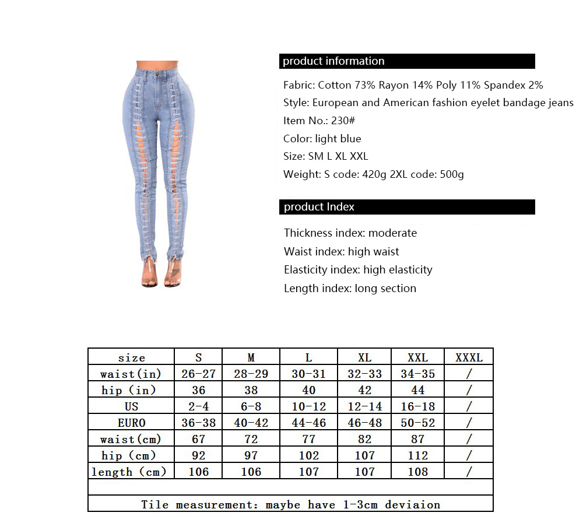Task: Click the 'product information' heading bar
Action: pos(407,61)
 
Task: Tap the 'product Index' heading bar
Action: pos(407,207)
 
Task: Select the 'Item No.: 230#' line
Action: pos(319,121)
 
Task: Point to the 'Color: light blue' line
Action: pos(322,139)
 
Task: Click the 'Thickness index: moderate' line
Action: pos(350,233)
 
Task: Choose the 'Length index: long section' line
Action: pos(350,289)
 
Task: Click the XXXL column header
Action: pos(469,357)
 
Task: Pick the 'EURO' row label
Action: pos(131,423)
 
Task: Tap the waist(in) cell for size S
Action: pos(198,374)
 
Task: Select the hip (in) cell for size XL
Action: pos(364,390)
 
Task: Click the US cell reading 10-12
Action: pos(308,406)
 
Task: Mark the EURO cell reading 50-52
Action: pos(417,423)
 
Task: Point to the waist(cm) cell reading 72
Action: pos(251,439)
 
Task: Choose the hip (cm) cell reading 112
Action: pos(417,455)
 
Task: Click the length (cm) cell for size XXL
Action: pos(417,472)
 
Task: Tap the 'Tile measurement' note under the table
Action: pos(290,504)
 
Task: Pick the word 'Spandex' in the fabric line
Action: pos(507,85)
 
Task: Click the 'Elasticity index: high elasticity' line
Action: pos(358,270)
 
